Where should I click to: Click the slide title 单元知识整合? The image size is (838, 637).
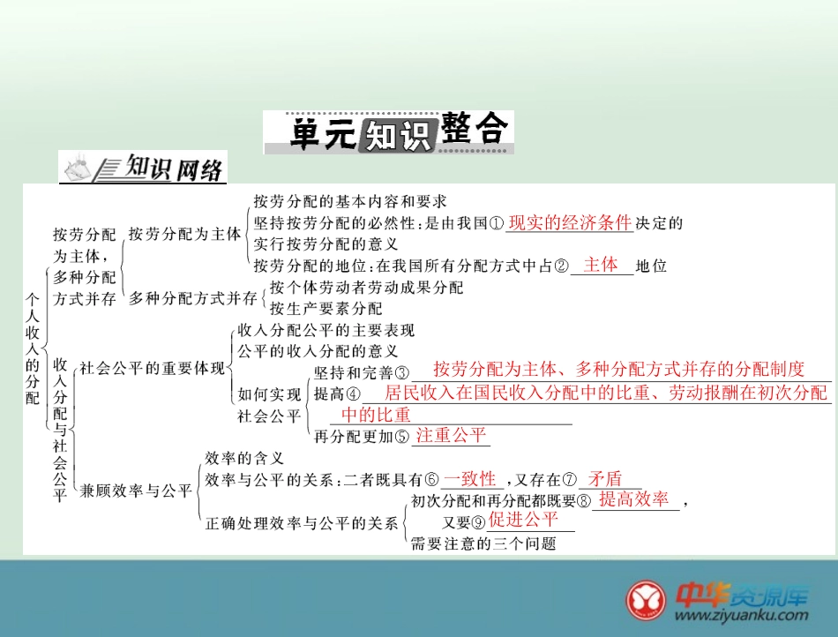click(x=388, y=131)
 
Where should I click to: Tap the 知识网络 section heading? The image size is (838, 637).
click(x=174, y=166)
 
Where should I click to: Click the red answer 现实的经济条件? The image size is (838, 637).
click(x=570, y=222)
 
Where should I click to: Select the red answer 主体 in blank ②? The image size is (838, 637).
click(x=601, y=265)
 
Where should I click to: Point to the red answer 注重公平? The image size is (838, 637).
click(x=452, y=434)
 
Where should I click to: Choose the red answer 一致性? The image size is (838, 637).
click(x=470, y=479)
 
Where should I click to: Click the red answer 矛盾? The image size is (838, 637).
click(x=605, y=479)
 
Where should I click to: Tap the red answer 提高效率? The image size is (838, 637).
click(x=634, y=499)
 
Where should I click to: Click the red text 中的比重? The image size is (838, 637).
click(x=376, y=415)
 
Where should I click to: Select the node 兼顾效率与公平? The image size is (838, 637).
click(x=136, y=491)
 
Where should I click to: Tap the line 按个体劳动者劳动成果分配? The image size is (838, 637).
click(x=366, y=288)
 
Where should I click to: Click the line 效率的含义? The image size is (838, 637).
click(x=244, y=458)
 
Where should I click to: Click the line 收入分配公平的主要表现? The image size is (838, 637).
click(x=326, y=331)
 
